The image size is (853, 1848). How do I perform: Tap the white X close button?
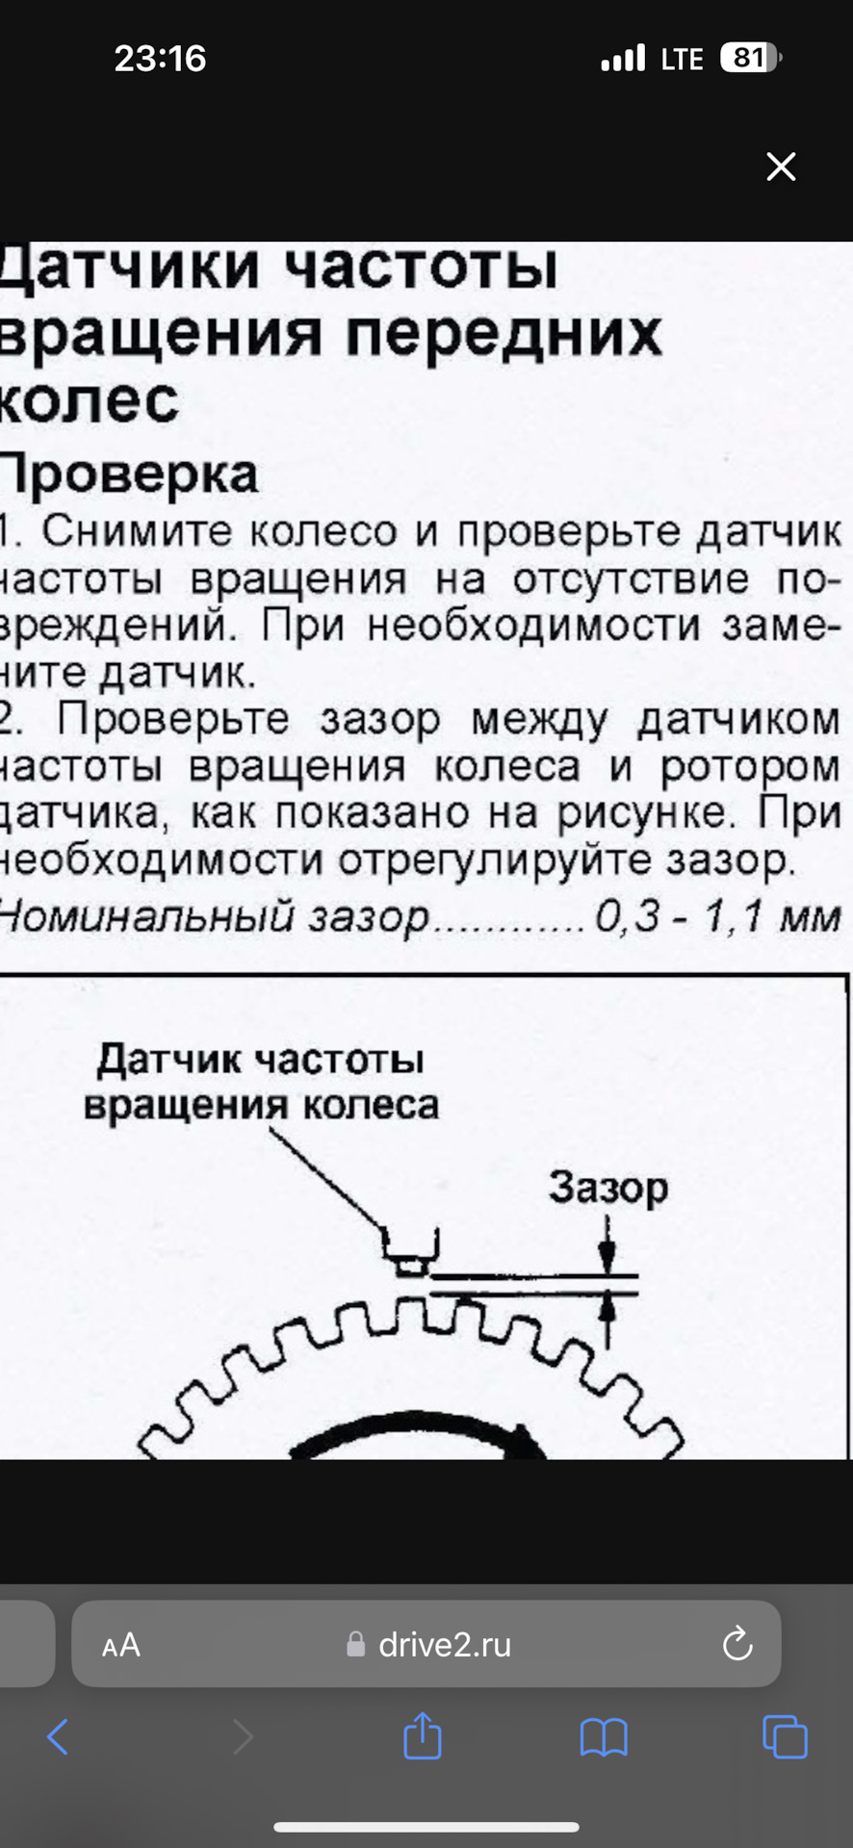(x=781, y=167)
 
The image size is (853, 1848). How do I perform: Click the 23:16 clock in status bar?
(x=160, y=59)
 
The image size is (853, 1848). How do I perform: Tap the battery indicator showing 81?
(x=751, y=58)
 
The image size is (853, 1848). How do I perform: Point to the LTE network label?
(x=682, y=60)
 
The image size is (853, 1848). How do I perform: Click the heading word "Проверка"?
(x=129, y=475)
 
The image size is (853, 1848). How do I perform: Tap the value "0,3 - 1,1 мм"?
(x=717, y=915)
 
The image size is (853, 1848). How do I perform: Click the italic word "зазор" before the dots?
(x=369, y=916)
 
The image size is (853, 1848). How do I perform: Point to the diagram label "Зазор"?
(x=607, y=1187)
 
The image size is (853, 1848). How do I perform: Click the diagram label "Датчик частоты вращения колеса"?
(x=260, y=1082)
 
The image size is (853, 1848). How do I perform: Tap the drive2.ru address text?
(x=444, y=1644)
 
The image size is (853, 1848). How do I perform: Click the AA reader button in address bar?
(x=121, y=1645)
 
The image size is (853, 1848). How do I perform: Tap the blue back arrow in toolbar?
(x=58, y=1737)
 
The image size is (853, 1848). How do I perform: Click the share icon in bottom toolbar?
(x=422, y=1736)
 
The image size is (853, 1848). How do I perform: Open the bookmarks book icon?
(x=604, y=1737)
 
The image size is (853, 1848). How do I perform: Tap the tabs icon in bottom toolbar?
(x=785, y=1737)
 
